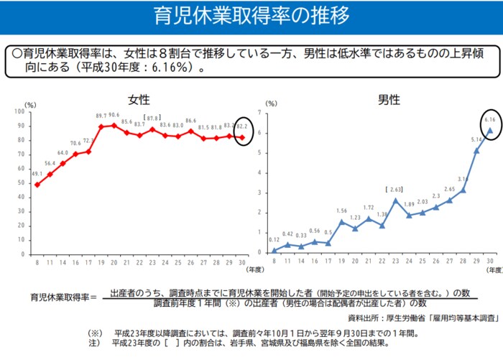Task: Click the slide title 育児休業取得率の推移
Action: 251,16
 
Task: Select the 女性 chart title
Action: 139,99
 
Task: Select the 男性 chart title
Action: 388,99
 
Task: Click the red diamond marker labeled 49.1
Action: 37,185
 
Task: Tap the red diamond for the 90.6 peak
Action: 114,126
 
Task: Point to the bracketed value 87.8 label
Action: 152,118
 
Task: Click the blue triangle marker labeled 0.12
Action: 274,250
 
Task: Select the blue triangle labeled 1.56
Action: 342,221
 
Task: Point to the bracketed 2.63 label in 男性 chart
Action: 394,190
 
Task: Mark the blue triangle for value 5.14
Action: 476,150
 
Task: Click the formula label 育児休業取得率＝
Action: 63,297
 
